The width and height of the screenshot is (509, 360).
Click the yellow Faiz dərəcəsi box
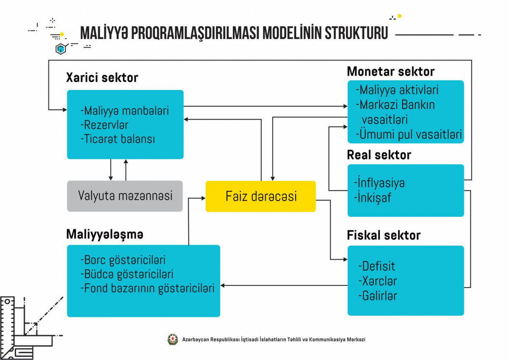pyautogui.click(x=260, y=196)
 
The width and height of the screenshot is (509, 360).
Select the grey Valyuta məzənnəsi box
pyautogui.click(x=125, y=196)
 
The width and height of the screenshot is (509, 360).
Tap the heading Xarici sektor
pyautogui.click(x=102, y=78)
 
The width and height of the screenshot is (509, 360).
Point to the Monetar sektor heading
pyautogui.click(x=390, y=71)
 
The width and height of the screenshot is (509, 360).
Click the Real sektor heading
pyautogui.click(x=379, y=155)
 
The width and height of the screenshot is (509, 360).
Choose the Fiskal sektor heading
pyautogui.click(x=383, y=235)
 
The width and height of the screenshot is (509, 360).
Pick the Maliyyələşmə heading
pyautogui.click(x=104, y=234)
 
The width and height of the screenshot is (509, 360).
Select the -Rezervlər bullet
pyautogui.click(x=104, y=125)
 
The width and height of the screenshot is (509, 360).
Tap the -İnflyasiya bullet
pyautogui.click(x=379, y=183)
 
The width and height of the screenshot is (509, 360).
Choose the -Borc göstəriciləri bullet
pyautogui.click(x=123, y=260)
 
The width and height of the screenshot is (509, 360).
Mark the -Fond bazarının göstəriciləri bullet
pyautogui.click(x=147, y=288)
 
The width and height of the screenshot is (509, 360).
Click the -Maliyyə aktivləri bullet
pyautogui.click(x=397, y=90)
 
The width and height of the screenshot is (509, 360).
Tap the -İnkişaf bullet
pyautogui.click(x=372, y=198)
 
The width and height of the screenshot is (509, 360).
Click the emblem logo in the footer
pyautogui.click(x=173, y=339)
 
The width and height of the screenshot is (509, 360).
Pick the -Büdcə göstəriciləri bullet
pyautogui.click(x=126, y=274)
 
